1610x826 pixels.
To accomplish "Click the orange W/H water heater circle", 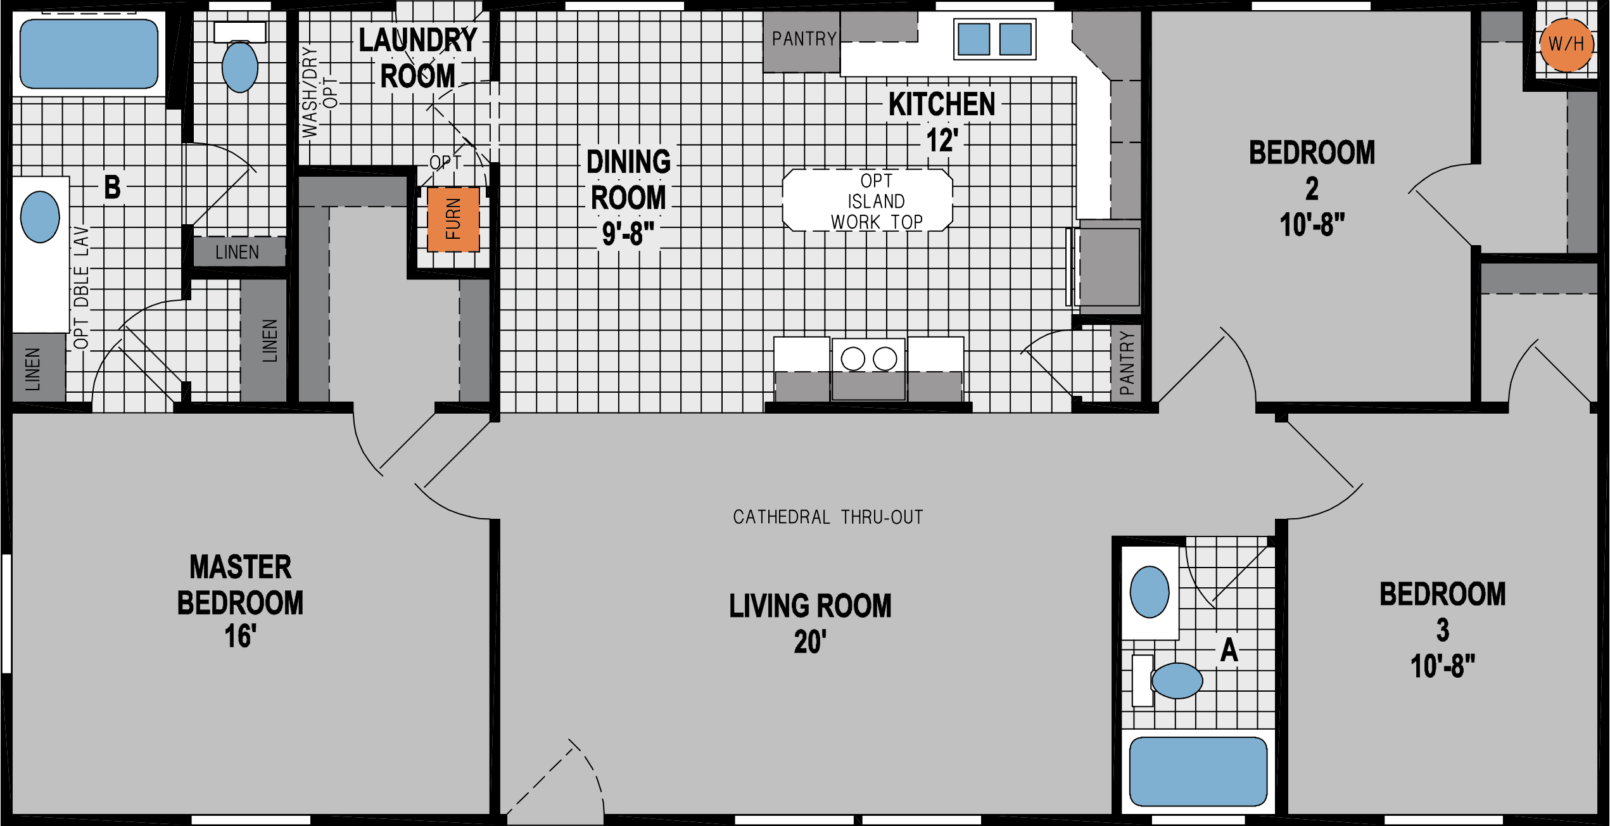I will click(1566, 44).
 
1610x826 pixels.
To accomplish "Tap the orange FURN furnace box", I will click(453, 219).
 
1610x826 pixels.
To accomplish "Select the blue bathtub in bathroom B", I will click(89, 54).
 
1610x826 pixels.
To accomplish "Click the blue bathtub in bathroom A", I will click(1198, 771).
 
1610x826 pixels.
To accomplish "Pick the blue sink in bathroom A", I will click(1150, 592).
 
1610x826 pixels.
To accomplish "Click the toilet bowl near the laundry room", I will click(240, 66).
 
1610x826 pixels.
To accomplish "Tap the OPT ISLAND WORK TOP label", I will click(876, 201).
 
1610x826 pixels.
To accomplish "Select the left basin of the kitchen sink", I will click(973, 39).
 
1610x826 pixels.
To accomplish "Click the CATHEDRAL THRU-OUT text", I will click(827, 517).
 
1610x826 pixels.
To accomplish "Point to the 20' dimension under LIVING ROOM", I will click(809, 642).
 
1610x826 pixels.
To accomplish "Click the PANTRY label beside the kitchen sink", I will click(804, 39).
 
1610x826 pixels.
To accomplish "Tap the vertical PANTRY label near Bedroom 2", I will click(1126, 363).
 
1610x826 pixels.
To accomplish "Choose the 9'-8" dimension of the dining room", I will click(628, 233).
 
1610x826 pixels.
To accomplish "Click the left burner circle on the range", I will click(853, 359).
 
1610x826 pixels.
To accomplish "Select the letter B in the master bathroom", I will click(112, 187).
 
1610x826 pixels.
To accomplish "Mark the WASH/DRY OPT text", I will click(319, 92).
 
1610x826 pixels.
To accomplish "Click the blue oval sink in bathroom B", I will click(40, 217).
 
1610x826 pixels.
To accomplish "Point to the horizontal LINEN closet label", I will click(237, 252).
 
